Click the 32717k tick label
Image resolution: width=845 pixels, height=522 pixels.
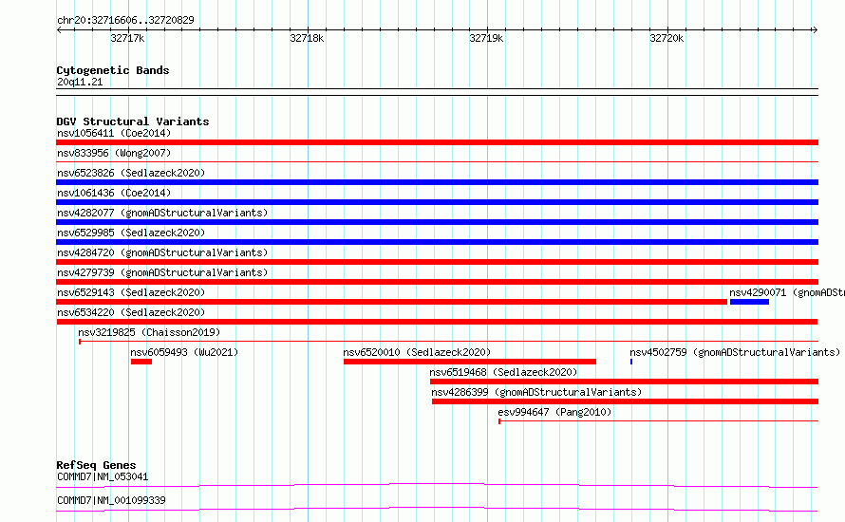pos(127,38)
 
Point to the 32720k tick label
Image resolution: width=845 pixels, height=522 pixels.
pos(667,38)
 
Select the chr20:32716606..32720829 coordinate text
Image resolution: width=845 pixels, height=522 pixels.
pos(125,20)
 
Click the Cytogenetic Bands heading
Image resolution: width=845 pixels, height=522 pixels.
pos(113,70)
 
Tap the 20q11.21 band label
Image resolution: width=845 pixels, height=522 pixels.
pos(80,82)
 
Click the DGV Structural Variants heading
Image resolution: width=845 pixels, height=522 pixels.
pos(133,121)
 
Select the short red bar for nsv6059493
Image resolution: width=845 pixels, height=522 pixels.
pos(141,362)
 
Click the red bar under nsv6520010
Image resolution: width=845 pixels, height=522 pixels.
pos(470,362)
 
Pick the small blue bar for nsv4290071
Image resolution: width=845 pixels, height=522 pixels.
pos(749,302)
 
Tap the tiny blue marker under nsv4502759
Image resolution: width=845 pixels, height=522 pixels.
pos(631,362)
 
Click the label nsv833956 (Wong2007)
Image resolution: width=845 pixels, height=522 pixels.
pos(114,153)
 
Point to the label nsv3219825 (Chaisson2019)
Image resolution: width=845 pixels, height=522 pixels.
pos(149,332)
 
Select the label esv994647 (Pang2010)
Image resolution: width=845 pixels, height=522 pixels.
pos(554,412)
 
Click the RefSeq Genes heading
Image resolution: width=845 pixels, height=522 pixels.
pos(96,465)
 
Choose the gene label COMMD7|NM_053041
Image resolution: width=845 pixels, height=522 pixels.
pos(103,476)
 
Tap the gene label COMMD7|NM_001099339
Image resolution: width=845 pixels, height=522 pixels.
pos(111,500)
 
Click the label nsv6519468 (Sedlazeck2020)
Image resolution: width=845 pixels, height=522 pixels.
pos(503,372)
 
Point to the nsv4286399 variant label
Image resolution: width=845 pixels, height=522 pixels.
pos(536,392)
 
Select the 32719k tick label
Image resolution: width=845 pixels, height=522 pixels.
pos(486,38)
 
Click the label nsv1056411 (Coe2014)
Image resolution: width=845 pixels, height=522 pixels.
pos(114,133)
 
